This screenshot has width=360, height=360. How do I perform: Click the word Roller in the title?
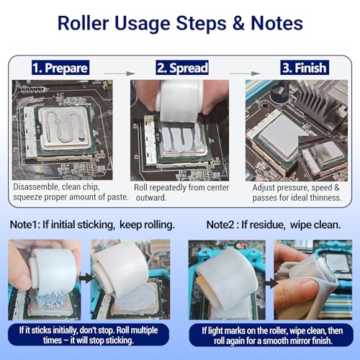pos(84,23)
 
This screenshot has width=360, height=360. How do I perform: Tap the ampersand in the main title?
pos(238,23)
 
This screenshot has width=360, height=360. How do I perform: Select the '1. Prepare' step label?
pos(60,68)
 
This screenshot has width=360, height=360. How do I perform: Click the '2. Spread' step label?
pos(182,68)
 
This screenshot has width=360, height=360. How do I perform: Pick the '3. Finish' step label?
pos(305,68)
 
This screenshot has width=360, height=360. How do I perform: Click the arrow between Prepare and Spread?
pos(120,73)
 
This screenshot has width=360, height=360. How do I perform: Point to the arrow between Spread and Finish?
pos(245,73)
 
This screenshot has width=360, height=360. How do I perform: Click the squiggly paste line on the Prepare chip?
pos(63,125)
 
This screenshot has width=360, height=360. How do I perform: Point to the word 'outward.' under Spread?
pos(151,197)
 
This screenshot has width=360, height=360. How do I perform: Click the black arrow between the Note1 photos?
pos(86,279)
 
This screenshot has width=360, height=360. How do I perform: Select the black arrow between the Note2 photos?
pos(271,283)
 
